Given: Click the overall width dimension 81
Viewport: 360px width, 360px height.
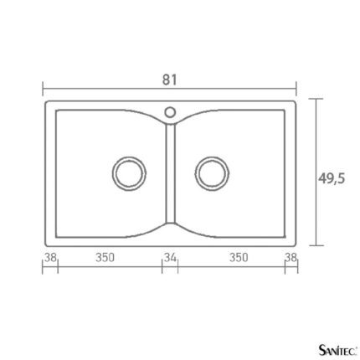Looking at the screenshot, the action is tap(169, 80).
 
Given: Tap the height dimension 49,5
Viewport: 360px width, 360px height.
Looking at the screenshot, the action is tap(332, 178).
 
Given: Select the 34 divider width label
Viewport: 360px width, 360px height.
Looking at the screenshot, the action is tap(170, 258).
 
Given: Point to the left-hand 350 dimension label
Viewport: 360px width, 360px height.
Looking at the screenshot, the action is tap(105, 258).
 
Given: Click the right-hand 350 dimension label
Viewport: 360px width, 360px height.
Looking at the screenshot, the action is tap(239, 258).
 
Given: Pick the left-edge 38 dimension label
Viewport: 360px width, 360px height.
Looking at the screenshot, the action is tap(51, 257).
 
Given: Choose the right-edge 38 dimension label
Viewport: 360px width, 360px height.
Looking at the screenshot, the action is tap(291, 257).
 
